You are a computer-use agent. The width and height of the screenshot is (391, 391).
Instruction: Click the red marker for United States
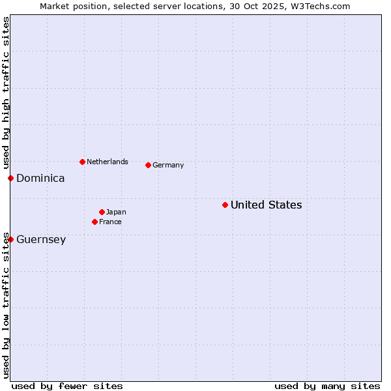[225, 205]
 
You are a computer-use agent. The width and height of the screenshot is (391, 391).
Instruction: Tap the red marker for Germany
[148, 165]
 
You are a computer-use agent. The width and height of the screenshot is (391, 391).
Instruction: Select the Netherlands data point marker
[82, 162]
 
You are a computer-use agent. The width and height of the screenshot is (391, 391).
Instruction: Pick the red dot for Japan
[102, 212]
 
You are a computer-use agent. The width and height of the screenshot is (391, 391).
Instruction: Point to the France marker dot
[94, 222]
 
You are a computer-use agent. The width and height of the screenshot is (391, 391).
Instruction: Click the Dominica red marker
[10, 178]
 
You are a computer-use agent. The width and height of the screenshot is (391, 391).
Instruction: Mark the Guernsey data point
[10, 239]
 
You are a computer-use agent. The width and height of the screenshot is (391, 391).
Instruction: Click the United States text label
[266, 205]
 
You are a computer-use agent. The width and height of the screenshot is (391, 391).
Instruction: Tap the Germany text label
[168, 166]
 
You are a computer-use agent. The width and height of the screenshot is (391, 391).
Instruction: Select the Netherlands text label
[107, 162]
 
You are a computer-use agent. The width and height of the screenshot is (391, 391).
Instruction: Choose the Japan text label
[116, 212]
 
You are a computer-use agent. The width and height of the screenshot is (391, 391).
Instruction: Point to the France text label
[110, 222]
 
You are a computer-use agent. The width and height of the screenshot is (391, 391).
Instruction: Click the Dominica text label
[40, 179]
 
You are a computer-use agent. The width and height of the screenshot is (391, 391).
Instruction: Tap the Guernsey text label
[41, 240]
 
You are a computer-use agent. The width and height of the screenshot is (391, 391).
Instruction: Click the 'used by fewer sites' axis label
[67, 386]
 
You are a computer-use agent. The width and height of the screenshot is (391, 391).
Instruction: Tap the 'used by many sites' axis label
[327, 386]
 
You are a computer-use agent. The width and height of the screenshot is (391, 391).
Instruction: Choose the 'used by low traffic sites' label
[6, 305]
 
